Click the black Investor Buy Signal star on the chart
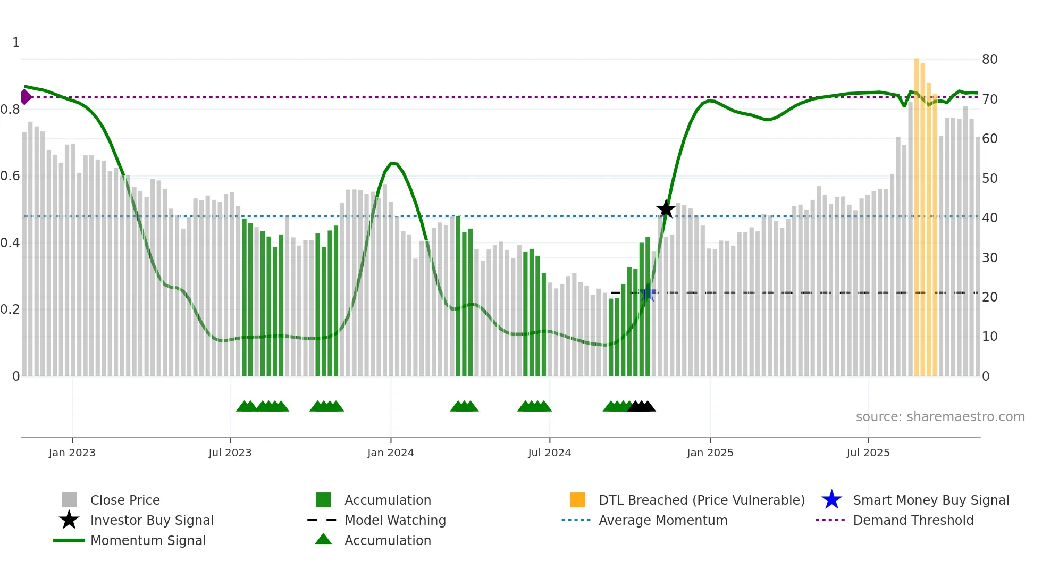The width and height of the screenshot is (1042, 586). coord(666,209)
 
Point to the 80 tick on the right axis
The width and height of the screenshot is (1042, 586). coord(989,60)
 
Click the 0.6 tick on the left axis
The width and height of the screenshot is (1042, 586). coord(11,176)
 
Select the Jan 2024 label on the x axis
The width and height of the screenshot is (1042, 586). coord(390,453)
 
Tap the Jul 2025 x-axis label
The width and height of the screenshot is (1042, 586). coord(868,453)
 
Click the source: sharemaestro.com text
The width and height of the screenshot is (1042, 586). coord(940,417)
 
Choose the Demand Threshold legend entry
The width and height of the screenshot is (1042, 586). coord(913,520)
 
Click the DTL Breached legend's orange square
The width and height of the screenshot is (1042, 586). coord(577,500)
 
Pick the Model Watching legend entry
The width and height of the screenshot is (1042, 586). coord(394,520)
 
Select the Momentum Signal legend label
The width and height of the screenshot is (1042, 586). coord(148,540)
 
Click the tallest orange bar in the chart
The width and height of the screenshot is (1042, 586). coord(917,213)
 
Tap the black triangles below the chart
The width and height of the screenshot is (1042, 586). coord(642,406)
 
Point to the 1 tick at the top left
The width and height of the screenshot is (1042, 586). coord(16,43)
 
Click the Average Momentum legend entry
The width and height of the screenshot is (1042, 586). coord(662,520)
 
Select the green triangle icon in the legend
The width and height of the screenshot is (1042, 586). coord(323,539)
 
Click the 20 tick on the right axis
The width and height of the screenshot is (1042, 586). coord(989,297)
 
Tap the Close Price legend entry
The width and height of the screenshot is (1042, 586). coord(124,500)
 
